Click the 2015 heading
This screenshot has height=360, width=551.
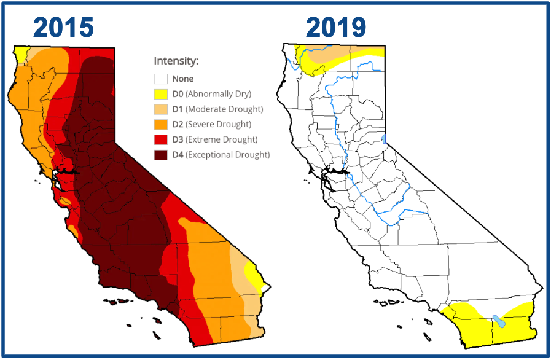point(63,27)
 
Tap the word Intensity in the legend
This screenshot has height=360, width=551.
point(176,61)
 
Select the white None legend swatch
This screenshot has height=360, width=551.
point(160,79)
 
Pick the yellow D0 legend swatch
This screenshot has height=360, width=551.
point(160,94)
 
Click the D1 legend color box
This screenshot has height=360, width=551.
point(160,109)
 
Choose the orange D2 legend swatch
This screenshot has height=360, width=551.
point(160,125)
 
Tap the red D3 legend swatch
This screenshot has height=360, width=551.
point(160,139)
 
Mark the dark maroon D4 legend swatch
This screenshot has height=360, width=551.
point(160,155)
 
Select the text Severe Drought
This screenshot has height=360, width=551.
point(220,125)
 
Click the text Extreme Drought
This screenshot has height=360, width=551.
point(222,139)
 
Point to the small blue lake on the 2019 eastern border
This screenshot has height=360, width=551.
point(384,139)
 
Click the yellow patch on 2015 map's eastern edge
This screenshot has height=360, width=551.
point(253,275)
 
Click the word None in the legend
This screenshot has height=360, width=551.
point(182,79)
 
